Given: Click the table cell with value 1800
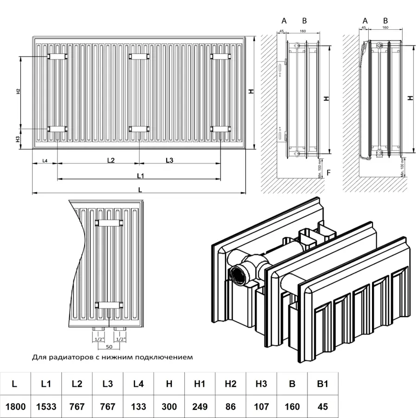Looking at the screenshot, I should tap(15, 406).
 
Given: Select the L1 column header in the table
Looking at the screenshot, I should tap(46, 384).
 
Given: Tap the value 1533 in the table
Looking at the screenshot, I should tap(46, 406).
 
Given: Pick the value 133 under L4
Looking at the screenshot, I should tap(138, 406).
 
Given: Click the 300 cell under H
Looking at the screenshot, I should tap(169, 406).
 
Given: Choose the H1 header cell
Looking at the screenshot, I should tap(200, 384).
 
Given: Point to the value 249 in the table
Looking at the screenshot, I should tap(200, 406).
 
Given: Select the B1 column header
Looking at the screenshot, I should tap(323, 384).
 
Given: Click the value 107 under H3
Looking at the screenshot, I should tap(261, 406).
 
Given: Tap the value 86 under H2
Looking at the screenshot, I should tap(230, 406).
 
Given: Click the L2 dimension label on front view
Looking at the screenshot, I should tap(111, 160).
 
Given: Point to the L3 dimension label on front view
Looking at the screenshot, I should tap(169, 160).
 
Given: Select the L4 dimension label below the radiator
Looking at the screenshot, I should tap(45, 161).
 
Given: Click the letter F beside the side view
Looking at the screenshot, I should tap(329, 173).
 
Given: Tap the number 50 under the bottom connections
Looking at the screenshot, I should tap(109, 347).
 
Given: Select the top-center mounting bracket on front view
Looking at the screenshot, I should tap(139, 57).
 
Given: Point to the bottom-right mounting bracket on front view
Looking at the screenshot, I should tap(220, 129).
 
